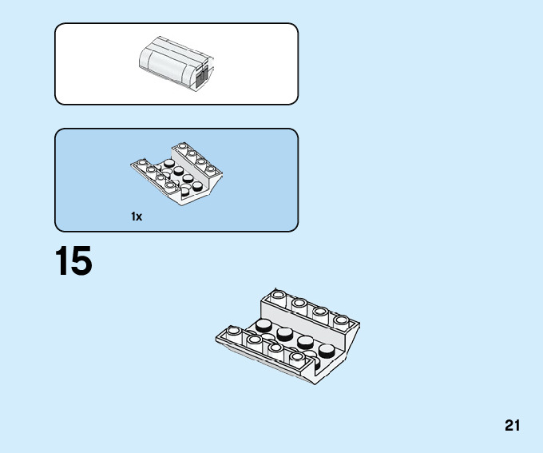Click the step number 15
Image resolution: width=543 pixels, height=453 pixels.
click(73, 262)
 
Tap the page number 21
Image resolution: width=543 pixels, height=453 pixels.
click(512, 426)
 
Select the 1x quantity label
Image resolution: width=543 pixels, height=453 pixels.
click(137, 217)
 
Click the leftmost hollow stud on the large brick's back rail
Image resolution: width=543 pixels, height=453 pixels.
click(277, 295)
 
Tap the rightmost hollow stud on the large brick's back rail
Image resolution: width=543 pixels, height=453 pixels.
click(341, 320)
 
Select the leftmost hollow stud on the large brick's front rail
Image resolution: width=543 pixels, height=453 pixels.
click(233, 330)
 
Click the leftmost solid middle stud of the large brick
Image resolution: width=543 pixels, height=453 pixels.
click(264, 324)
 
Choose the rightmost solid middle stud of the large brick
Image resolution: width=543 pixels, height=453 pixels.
click(327, 349)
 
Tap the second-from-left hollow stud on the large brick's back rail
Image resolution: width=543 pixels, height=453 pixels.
click(299, 304)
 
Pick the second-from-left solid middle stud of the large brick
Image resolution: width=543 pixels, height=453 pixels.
click(285, 332)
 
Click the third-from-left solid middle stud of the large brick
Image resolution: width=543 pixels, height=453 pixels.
click(306, 341)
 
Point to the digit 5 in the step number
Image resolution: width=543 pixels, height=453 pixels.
click(81, 262)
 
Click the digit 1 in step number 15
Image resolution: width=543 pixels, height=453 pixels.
click(62, 262)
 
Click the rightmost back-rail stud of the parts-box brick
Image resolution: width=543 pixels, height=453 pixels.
click(211, 169)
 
